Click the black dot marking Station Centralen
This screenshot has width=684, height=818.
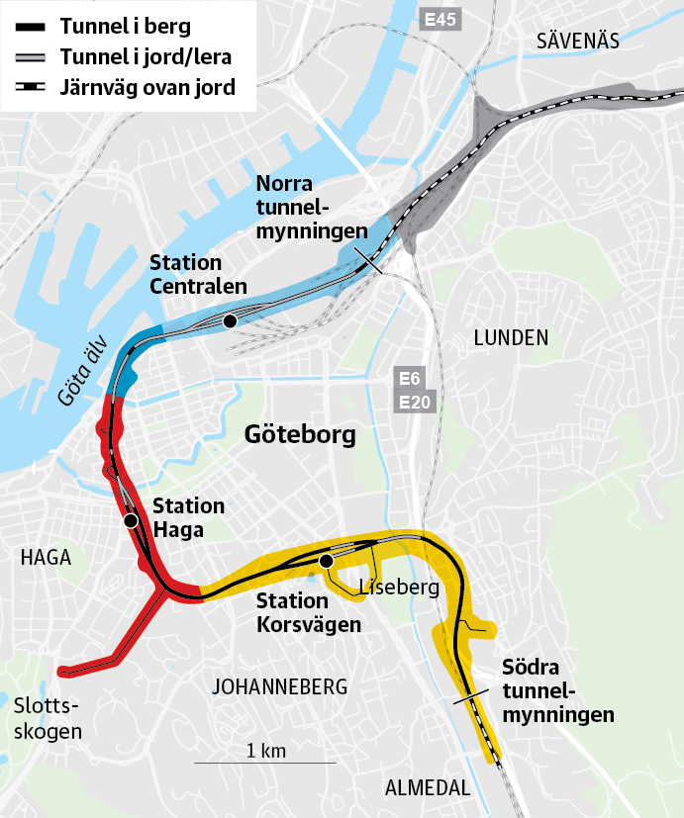(x=230, y=321)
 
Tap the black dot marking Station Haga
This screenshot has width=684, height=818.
(x=130, y=520)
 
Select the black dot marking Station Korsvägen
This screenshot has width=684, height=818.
(x=325, y=562)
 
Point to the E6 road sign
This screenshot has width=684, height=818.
(x=410, y=379)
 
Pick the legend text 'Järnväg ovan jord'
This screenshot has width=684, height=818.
(x=147, y=87)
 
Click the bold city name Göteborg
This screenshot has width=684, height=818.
(x=299, y=434)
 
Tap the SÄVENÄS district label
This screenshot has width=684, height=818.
(x=577, y=41)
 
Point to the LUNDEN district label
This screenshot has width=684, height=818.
(x=511, y=337)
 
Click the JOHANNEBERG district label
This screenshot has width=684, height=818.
(x=280, y=686)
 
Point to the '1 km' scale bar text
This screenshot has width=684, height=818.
(x=265, y=751)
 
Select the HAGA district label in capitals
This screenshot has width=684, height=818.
(x=46, y=558)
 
